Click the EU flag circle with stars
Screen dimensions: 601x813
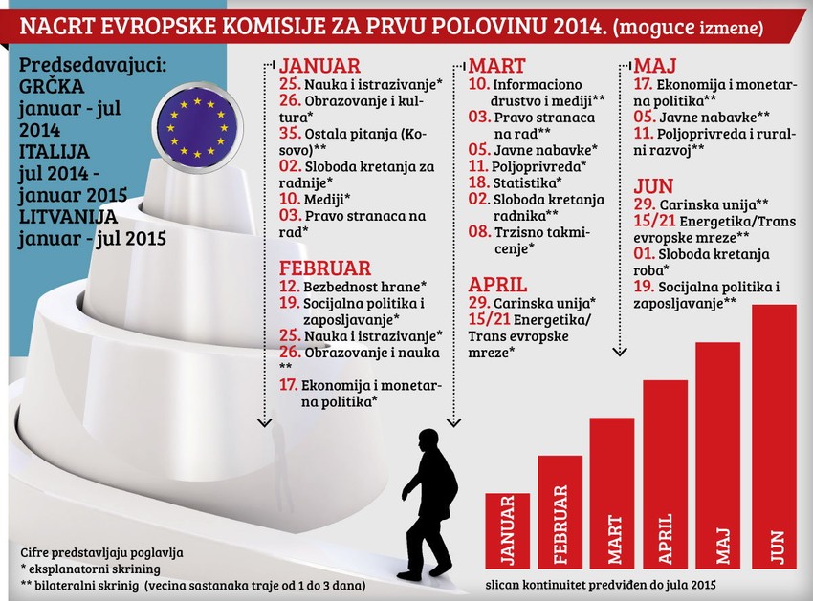click(196, 127)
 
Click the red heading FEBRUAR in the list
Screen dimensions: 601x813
click(324, 269)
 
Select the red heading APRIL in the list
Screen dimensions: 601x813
click(497, 284)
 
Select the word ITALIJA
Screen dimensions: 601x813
click(55, 152)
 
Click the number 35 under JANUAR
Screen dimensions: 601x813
click(290, 134)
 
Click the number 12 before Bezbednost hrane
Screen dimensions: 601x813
click(290, 287)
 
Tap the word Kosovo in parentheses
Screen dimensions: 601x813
click(414, 134)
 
